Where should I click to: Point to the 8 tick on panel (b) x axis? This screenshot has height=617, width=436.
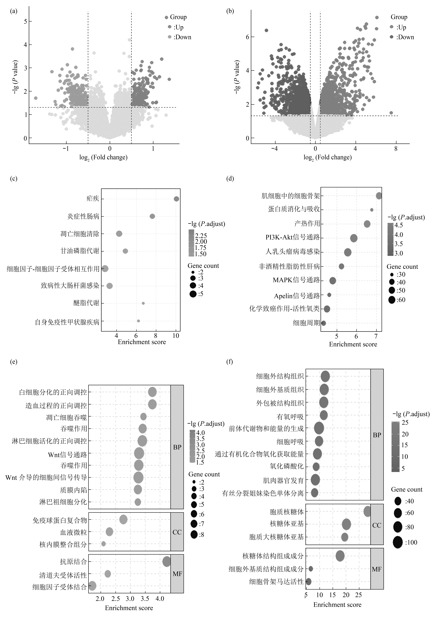coord(396,149)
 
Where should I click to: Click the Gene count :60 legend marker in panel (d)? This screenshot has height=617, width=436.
coord(392,300)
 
